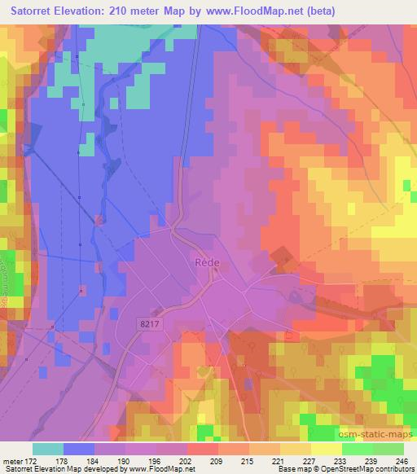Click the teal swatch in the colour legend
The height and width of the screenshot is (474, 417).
pos(48,449)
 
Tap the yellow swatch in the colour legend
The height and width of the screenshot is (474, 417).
pos(327,449)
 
